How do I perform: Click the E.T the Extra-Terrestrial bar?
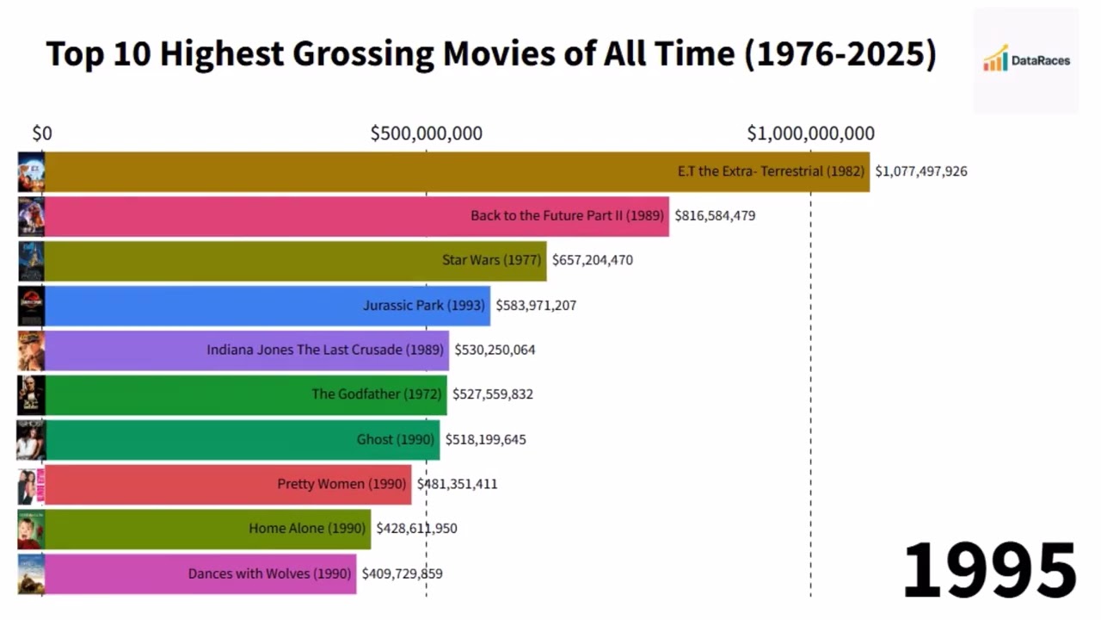(x=456, y=171)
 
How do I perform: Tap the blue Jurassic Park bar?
(x=267, y=306)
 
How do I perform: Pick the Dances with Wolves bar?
(x=200, y=573)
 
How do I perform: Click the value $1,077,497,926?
(x=921, y=171)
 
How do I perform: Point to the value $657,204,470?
(x=593, y=260)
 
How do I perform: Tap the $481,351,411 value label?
(x=457, y=484)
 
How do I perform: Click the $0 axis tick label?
(x=42, y=133)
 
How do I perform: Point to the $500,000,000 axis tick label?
(x=426, y=133)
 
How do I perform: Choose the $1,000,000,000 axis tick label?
(x=810, y=133)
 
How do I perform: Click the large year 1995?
(x=989, y=570)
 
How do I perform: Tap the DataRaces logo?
(x=1026, y=60)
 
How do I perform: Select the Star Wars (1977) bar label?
(x=491, y=260)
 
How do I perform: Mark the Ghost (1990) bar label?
(x=396, y=439)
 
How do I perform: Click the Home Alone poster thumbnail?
(x=30, y=529)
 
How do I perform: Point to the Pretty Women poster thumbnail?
(x=30, y=485)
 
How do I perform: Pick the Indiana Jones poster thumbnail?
(x=30, y=350)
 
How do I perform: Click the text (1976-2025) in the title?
(x=840, y=54)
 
